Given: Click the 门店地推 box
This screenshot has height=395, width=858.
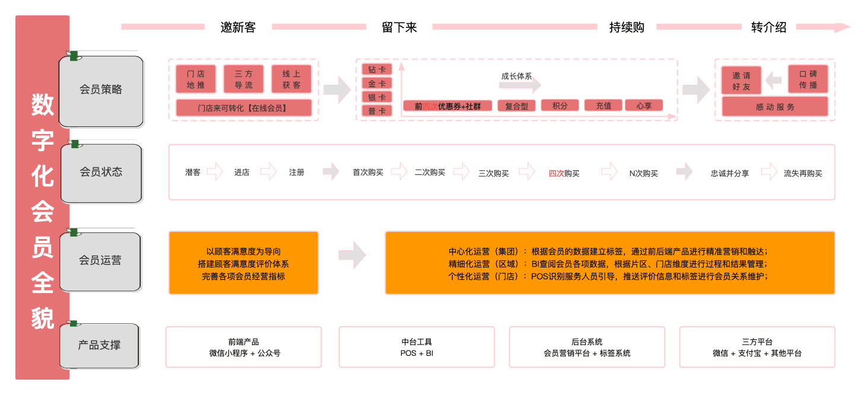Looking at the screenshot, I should click(196, 79).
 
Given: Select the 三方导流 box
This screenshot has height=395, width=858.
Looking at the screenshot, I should click(243, 79).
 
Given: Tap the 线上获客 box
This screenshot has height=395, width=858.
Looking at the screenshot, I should click(291, 79).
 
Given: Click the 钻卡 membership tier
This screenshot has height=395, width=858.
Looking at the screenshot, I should click(377, 69).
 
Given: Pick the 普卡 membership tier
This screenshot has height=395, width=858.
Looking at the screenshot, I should click(377, 111).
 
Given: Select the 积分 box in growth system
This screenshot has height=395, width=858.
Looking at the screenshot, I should click(560, 106).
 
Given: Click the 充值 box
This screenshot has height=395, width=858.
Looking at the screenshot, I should click(603, 106).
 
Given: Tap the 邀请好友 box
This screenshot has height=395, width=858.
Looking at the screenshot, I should click(741, 81).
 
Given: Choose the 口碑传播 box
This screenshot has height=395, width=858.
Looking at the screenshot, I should click(808, 79).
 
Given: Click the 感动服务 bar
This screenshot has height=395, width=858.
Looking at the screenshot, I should click(775, 107).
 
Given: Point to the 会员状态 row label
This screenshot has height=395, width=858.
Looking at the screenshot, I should click(101, 172).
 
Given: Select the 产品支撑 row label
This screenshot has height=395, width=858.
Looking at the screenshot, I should click(99, 345).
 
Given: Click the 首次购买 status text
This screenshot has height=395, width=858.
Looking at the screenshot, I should click(368, 173).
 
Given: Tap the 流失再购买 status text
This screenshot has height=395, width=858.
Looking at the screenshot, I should click(803, 173).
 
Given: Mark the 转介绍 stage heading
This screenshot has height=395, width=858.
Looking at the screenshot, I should click(768, 27).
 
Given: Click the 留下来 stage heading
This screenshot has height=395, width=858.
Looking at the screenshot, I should click(399, 27).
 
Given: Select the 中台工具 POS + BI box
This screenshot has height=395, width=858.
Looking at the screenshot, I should click(417, 348).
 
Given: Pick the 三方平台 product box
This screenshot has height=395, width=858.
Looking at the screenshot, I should click(757, 348).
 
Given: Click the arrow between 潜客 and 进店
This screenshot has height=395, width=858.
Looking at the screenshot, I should click(215, 172).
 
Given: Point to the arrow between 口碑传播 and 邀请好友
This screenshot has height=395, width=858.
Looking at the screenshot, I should click(774, 79).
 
